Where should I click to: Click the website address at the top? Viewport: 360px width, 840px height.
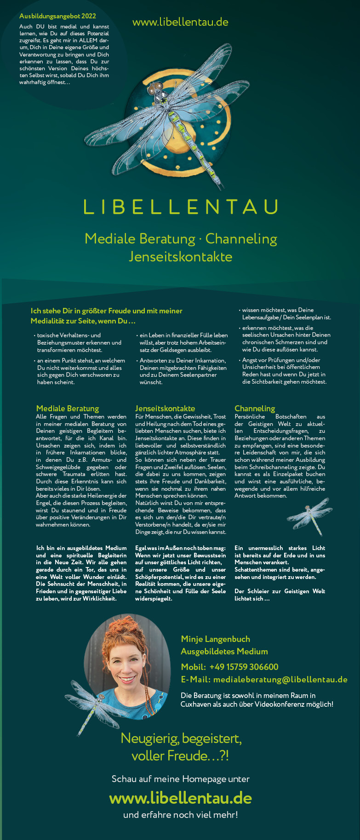[x=180, y=22]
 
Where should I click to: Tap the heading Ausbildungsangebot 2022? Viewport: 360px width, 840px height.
[x=57, y=16]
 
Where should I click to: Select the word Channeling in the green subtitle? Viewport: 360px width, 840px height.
[x=241, y=239]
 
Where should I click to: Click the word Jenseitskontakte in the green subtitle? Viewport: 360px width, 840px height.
[x=180, y=256]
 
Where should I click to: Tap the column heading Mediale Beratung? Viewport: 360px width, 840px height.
[x=68, y=408]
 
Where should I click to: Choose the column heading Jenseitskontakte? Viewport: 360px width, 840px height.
[x=165, y=408]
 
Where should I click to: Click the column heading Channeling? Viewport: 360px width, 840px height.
[x=255, y=408]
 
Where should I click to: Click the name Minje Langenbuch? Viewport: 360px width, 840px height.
[x=216, y=639]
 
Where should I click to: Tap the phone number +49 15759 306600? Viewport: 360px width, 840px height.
[x=244, y=667]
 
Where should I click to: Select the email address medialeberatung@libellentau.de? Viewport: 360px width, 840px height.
[x=280, y=680]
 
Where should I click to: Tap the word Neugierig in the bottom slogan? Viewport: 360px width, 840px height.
[x=149, y=738]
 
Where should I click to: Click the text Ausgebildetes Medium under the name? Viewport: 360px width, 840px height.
[x=224, y=651]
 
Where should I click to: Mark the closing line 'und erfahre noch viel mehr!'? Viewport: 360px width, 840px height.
[x=180, y=815]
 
